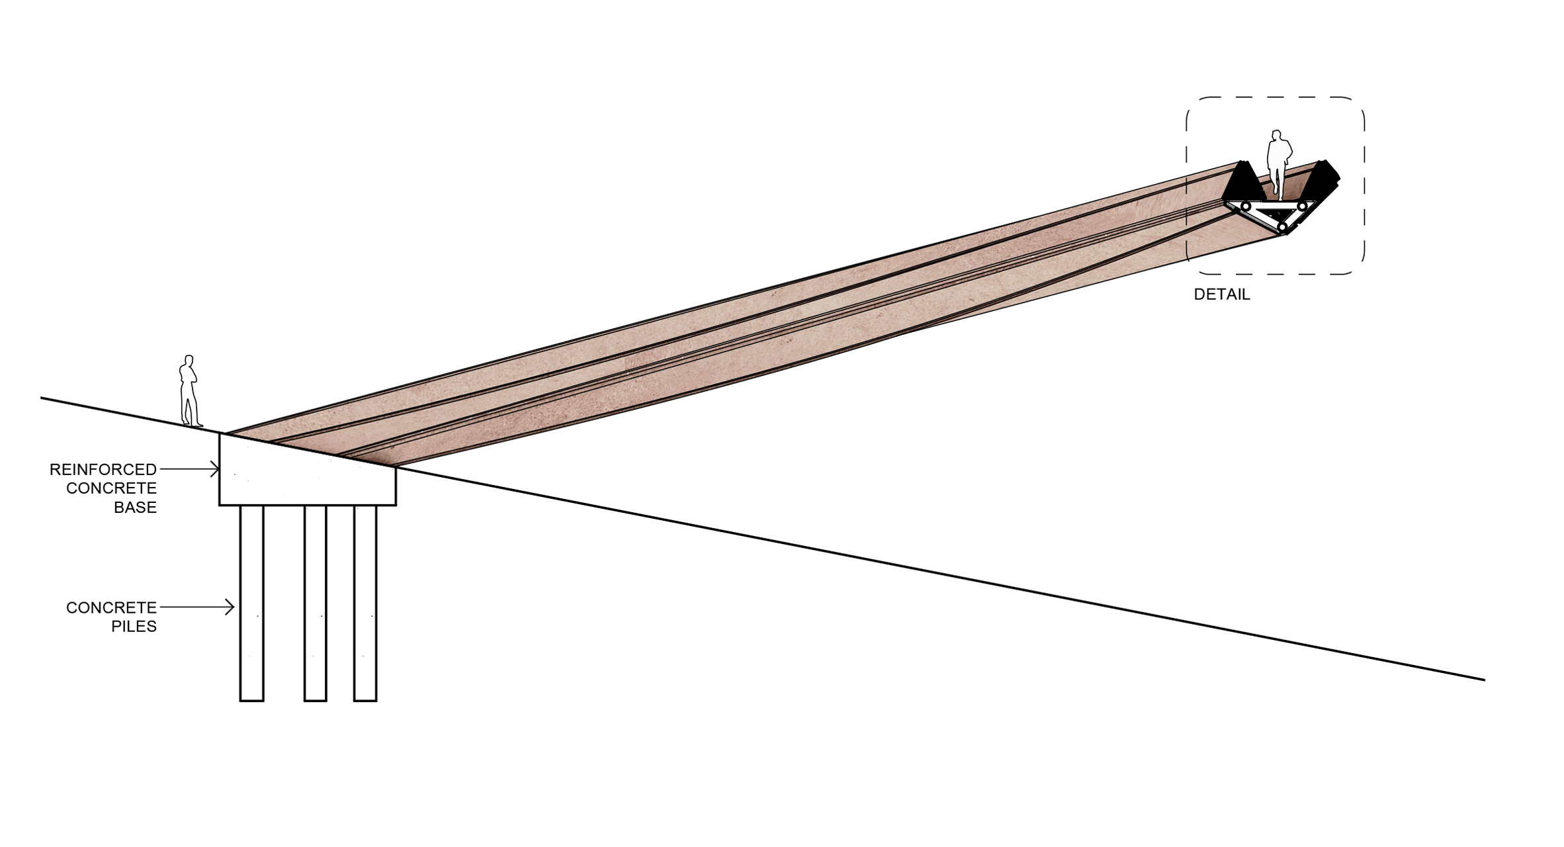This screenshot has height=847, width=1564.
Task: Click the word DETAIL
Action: click(1221, 294)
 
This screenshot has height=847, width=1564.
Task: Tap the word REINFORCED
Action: click(103, 470)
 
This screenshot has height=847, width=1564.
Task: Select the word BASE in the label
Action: click(135, 508)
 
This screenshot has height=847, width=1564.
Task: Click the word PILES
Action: click(134, 626)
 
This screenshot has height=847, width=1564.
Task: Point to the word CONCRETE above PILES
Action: click(111, 607)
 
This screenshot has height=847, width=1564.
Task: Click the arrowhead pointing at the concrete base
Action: click(214, 469)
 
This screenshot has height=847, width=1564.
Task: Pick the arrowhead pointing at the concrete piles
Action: click(230, 607)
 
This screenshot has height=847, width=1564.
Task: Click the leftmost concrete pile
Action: click(252, 603)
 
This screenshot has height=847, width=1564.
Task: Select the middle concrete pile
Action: click(316, 603)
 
